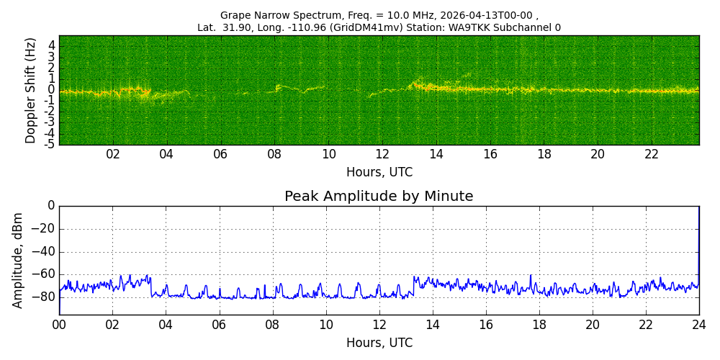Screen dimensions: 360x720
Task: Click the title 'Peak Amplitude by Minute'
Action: point(379,197)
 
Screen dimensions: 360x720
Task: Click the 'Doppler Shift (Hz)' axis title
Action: point(30,91)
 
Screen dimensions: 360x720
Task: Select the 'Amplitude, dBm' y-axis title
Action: point(18,260)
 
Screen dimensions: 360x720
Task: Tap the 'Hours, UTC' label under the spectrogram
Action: point(379,173)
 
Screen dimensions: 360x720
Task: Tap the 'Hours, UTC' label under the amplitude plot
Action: point(379,343)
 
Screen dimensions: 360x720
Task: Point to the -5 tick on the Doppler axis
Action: point(50,145)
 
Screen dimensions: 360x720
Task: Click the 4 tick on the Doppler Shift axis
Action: point(52,45)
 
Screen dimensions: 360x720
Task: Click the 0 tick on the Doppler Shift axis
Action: point(52,90)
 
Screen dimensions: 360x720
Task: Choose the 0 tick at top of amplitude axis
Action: point(50,206)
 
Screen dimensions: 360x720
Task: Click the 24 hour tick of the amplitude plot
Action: point(699,325)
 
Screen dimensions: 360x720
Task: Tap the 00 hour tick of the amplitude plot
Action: point(59,325)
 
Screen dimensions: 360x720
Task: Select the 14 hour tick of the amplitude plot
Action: point(433,325)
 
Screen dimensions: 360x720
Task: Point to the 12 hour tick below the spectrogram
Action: point(382,154)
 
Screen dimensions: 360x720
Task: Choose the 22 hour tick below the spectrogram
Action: point(652,154)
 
